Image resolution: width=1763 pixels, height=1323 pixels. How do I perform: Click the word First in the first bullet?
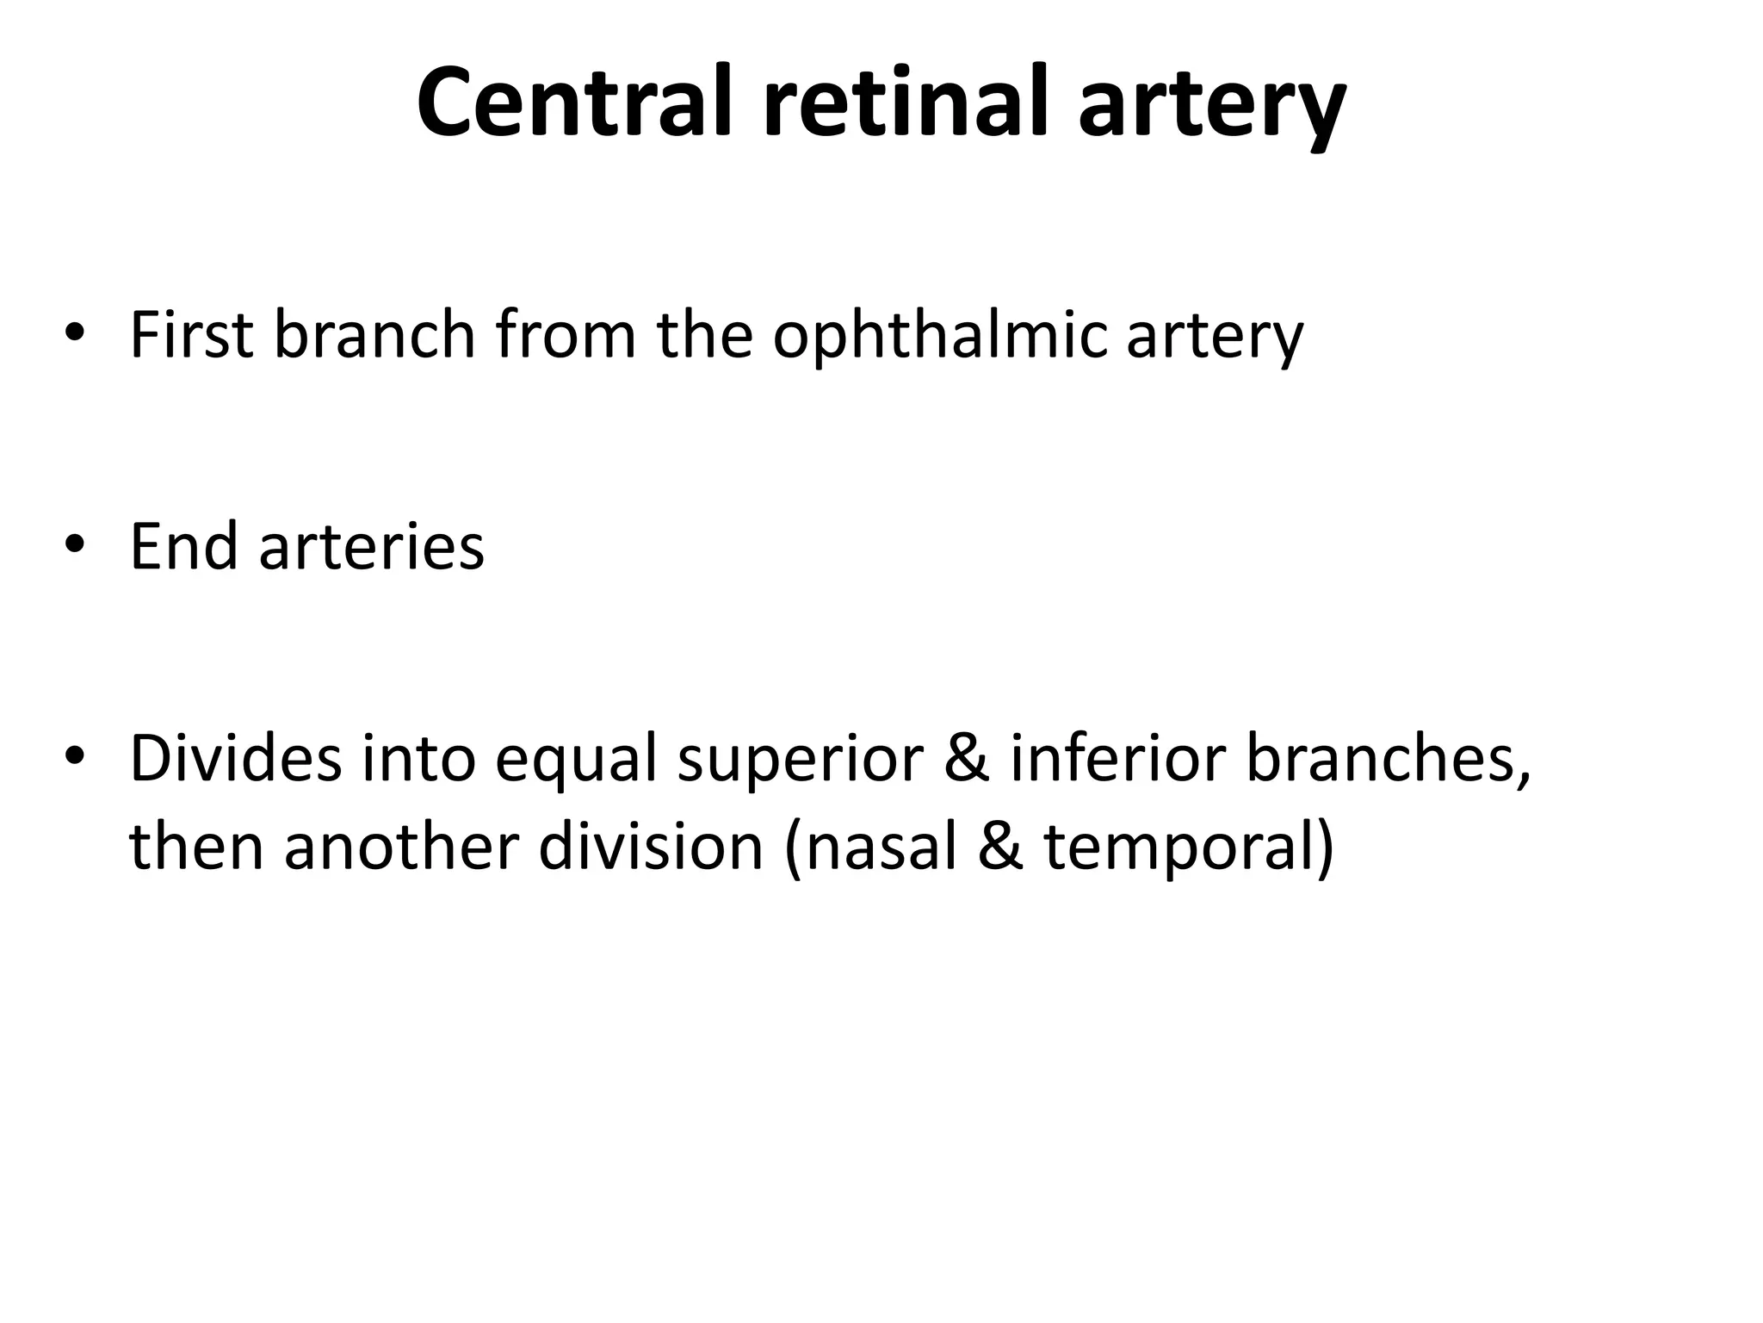pyautogui.click(x=191, y=334)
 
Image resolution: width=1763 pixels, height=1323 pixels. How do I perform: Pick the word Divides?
pyautogui.click(x=235, y=758)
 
